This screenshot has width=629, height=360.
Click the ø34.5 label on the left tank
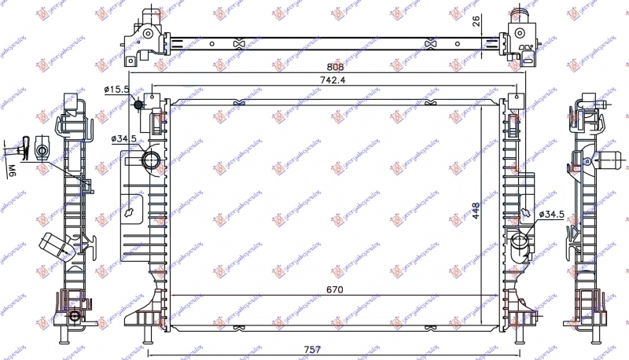pos(123,138)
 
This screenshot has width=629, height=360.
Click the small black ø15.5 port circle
pos(139,105)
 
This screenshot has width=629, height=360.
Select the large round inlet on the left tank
pos(150,161)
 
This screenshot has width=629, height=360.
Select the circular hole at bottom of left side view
pos(74,317)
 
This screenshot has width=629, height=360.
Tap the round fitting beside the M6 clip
pos(43,148)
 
